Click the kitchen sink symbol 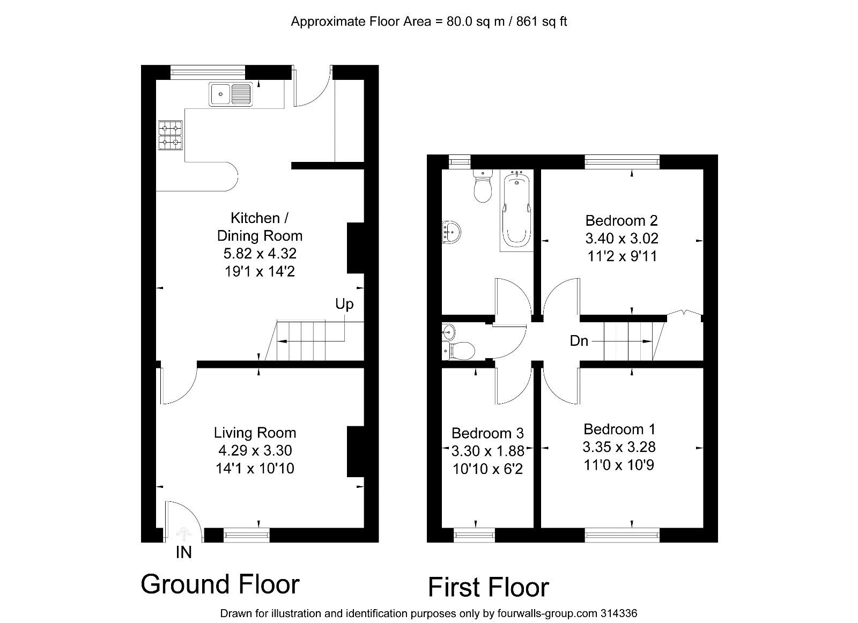click(231, 95)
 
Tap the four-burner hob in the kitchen click(170, 135)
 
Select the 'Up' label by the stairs click(344, 304)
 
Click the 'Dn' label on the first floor click(579, 340)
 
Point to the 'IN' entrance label click(183, 552)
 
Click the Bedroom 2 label click(621, 220)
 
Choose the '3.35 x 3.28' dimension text click(619, 447)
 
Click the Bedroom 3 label click(487, 433)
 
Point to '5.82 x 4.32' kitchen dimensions click(260, 253)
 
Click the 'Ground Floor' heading click(220, 584)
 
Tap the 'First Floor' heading click(489, 587)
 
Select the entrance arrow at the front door click(184, 533)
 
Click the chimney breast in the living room click(355, 451)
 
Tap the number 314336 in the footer click(618, 613)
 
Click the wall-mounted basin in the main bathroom click(452, 232)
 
